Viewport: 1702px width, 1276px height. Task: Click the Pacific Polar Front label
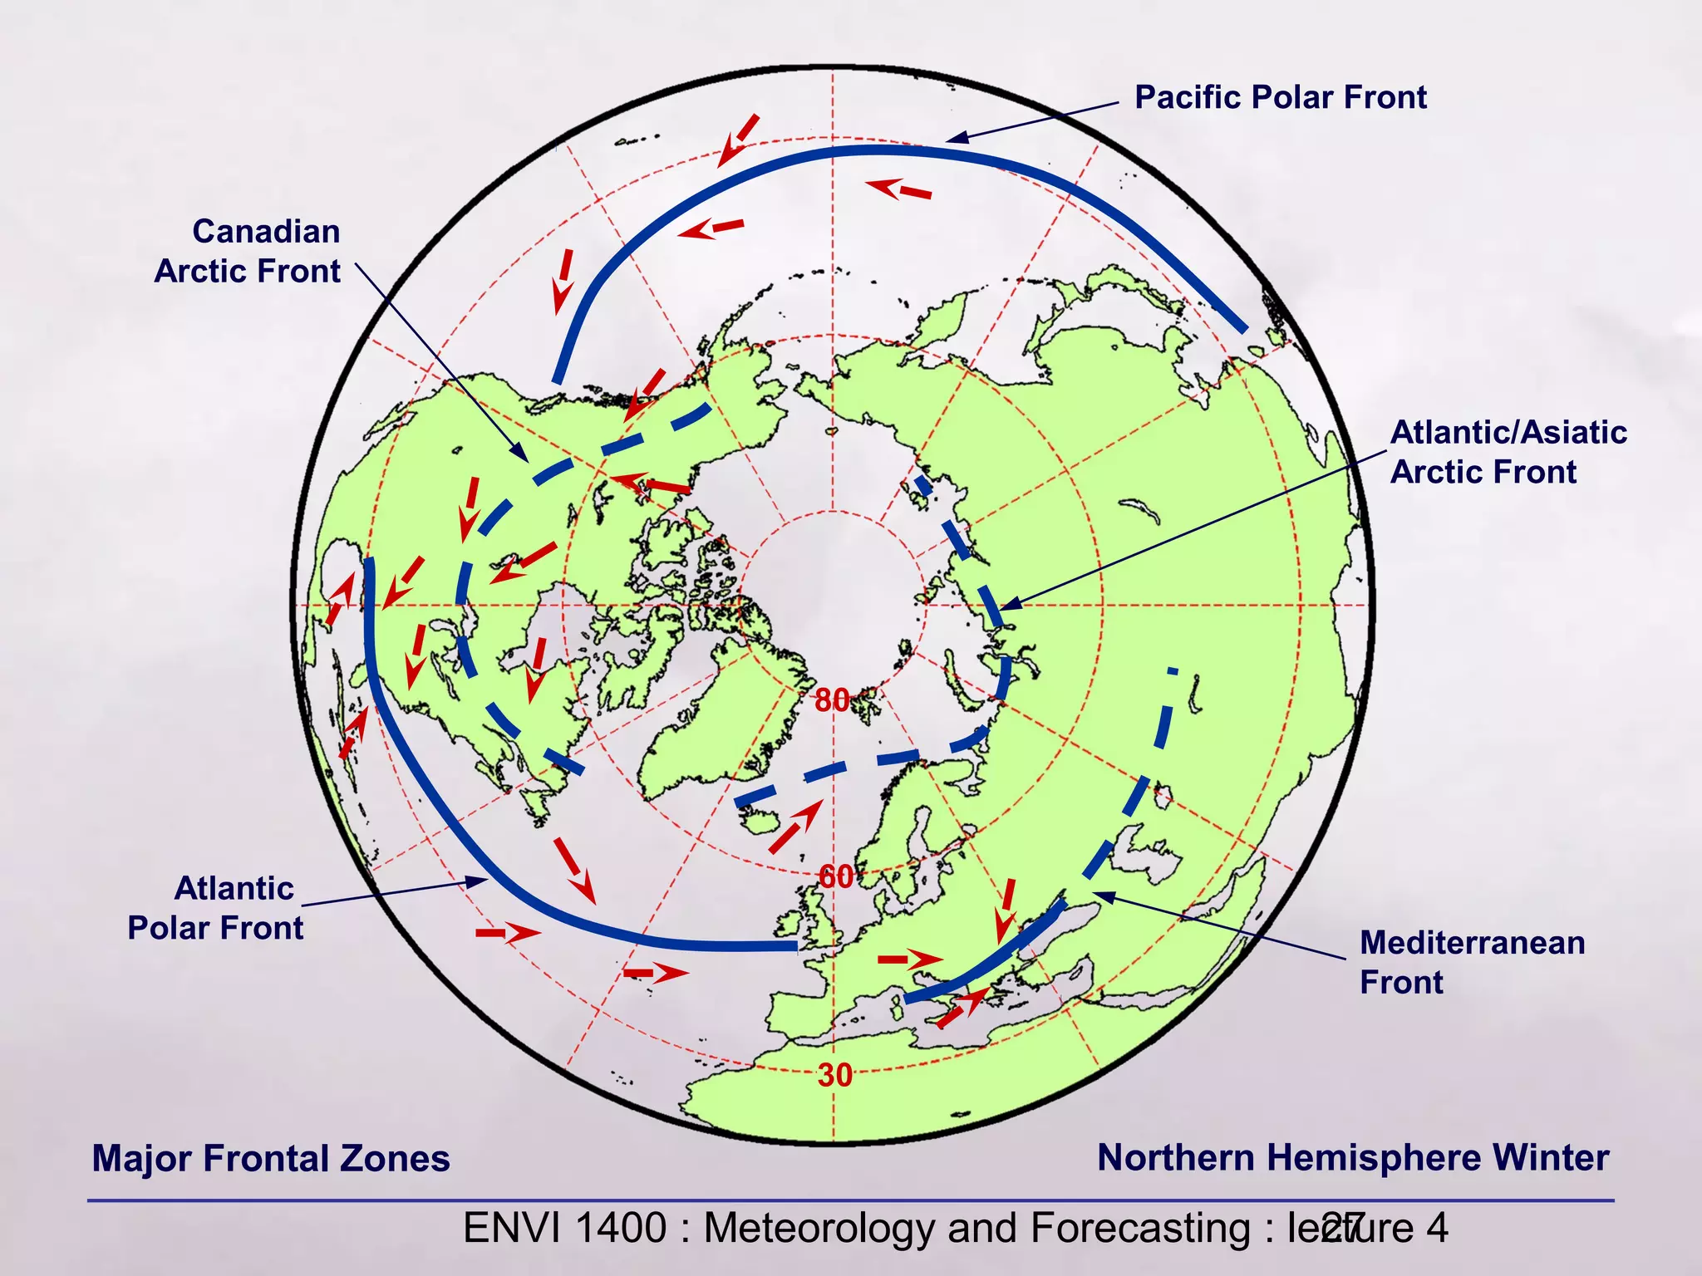point(1280,98)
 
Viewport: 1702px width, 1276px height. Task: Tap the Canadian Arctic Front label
point(248,251)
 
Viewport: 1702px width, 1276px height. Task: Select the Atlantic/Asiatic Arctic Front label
point(1508,452)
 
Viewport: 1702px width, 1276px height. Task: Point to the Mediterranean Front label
point(1472,962)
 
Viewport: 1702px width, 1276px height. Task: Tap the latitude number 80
point(832,701)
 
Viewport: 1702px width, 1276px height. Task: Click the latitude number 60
point(836,876)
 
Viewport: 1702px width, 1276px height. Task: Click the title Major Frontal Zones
point(271,1158)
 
